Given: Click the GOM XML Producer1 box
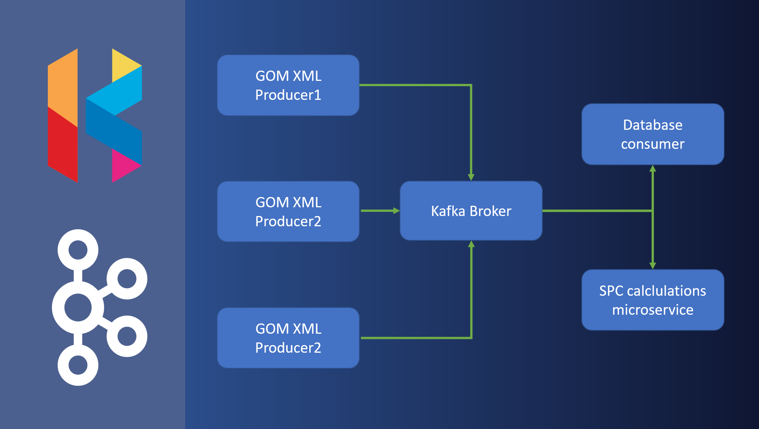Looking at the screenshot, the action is click(x=288, y=85).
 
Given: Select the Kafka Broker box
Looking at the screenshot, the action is click(x=471, y=211).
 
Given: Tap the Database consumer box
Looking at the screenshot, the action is click(x=653, y=134).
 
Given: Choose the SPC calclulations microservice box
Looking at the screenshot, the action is click(x=653, y=300).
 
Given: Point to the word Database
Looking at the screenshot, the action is click(x=653, y=125).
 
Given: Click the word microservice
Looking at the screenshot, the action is click(x=653, y=310).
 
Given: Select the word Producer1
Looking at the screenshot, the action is click(x=288, y=95).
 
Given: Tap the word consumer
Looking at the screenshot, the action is click(x=653, y=144).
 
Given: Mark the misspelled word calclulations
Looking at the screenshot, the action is click(x=666, y=291).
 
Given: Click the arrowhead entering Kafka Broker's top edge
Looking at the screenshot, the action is click(x=471, y=177).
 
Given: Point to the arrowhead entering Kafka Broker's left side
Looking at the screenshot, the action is click(x=397, y=211).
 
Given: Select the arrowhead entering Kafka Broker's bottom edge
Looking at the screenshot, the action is click(x=471, y=244).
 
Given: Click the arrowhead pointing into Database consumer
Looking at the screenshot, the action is click(x=653, y=169).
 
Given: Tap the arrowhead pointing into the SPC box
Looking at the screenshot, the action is click(x=653, y=266).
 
